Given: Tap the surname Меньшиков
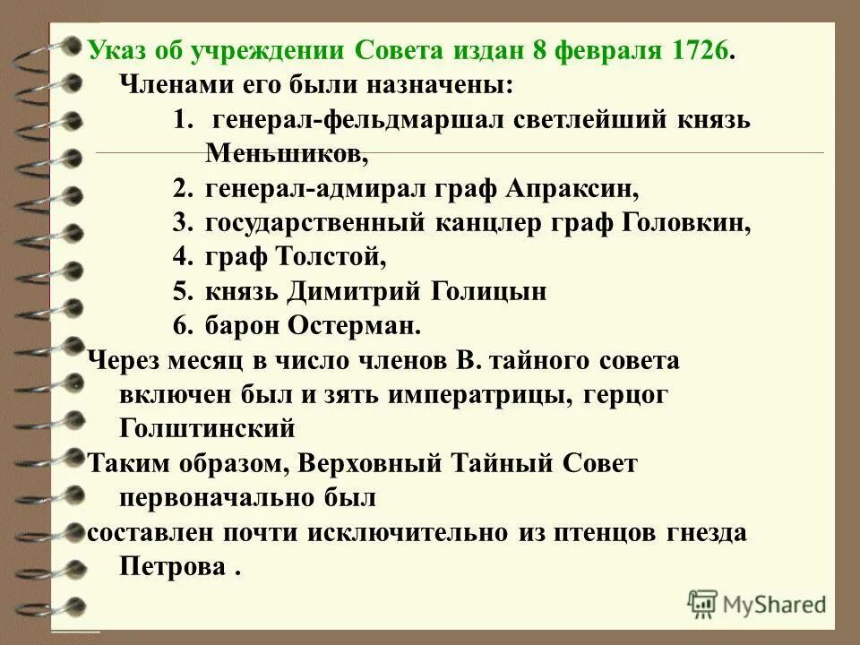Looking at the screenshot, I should coord(287,153).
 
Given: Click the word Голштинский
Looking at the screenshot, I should coord(206,428).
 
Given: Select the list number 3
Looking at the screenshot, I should coord(183,223).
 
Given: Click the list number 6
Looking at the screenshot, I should coord(183,325).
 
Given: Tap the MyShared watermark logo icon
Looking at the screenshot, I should coord(703,603).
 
